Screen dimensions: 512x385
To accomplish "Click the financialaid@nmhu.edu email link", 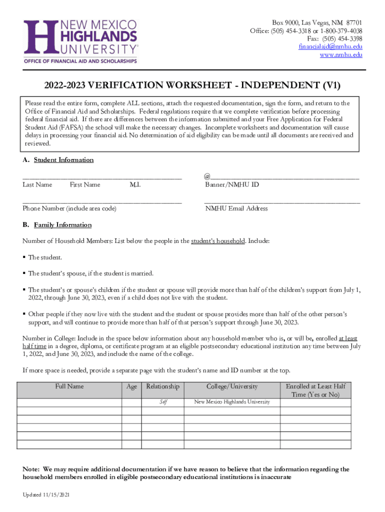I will click(330, 47).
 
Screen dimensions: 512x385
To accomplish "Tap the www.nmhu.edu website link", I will click(341, 55).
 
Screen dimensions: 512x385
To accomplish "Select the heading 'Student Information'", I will click(63, 160).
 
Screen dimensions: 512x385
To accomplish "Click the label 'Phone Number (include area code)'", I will click(69, 208).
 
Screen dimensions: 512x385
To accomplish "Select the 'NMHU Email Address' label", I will click(236, 208).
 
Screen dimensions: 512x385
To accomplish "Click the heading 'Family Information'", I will click(62, 225).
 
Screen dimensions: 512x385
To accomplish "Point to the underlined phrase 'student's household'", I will click(218, 241).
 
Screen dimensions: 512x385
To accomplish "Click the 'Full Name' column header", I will click(69, 386).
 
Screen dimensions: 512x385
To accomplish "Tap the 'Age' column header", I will click(132, 386).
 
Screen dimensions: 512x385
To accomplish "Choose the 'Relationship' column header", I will click(162, 386).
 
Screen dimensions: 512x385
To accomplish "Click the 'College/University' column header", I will click(232, 386).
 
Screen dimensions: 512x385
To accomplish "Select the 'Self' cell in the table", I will click(163, 402).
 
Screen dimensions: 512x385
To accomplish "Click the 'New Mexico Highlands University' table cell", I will click(232, 402).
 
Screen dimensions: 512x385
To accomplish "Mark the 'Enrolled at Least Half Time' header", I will click(315, 390).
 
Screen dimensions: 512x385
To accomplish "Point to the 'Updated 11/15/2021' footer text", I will click(46, 494).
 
